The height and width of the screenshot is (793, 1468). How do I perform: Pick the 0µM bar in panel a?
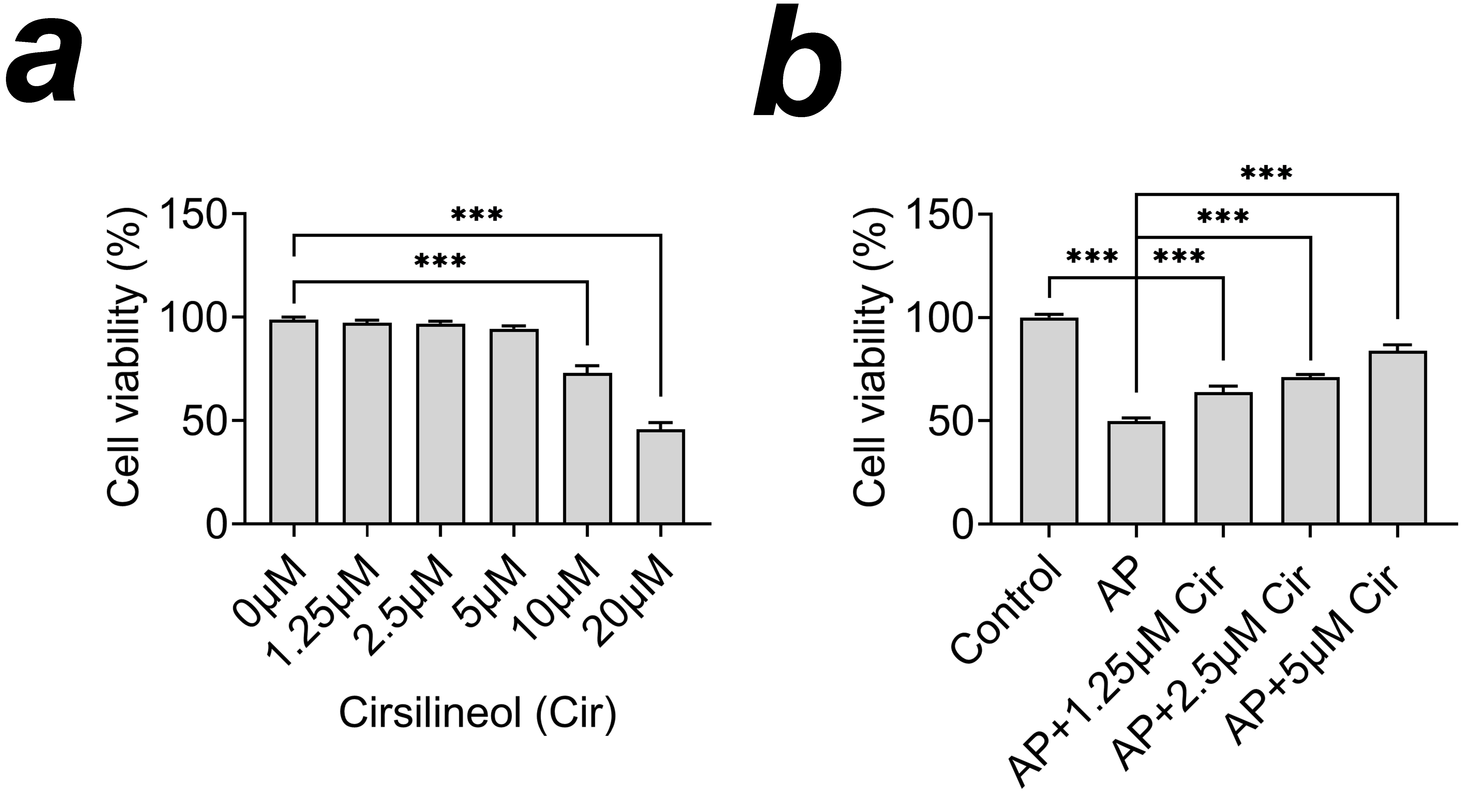click(x=294, y=421)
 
